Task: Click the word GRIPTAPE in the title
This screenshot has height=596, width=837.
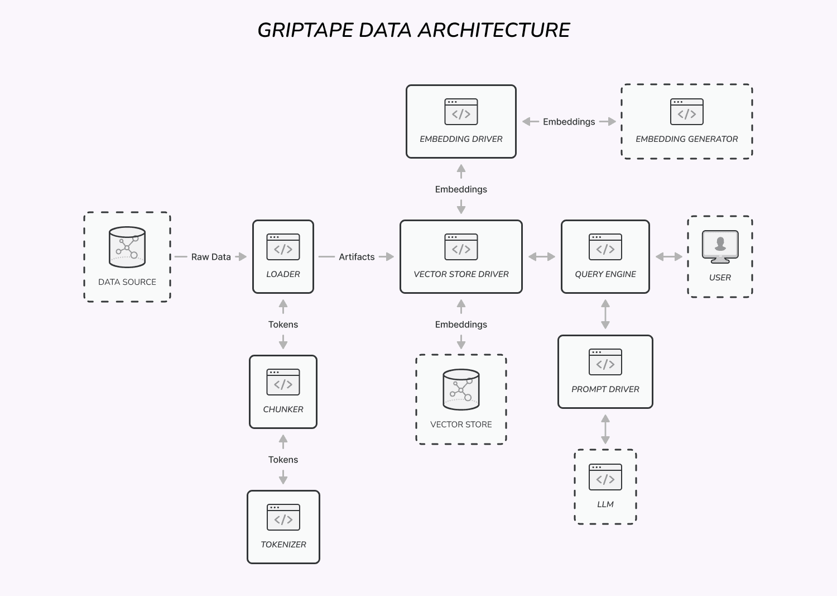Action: (x=305, y=30)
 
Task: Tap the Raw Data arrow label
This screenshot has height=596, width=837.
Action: (x=211, y=256)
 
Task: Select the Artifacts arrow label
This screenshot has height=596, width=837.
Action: (x=357, y=256)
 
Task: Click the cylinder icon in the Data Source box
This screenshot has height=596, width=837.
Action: (x=127, y=247)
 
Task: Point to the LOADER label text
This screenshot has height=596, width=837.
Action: (x=283, y=274)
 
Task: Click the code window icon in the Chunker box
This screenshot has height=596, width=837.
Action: (x=283, y=382)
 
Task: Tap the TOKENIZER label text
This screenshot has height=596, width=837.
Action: (x=283, y=545)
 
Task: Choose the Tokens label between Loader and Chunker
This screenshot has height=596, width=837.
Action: (x=283, y=325)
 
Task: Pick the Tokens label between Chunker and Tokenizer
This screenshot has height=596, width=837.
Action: (x=283, y=460)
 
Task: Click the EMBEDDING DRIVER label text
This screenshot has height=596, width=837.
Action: (x=461, y=139)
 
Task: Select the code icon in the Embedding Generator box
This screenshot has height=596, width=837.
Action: (x=686, y=112)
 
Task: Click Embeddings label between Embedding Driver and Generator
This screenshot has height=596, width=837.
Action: (x=569, y=122)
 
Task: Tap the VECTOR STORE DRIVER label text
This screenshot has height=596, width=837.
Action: (x=461, y=274)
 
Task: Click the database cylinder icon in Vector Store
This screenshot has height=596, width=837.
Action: (x=461, y=389)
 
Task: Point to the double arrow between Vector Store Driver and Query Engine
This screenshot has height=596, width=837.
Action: (x=541, y=256)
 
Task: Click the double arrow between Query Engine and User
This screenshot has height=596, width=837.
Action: (x=669, y=256)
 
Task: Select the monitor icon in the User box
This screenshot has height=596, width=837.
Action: (x=720, y=246)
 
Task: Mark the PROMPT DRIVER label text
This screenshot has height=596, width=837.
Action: (x=605, y=389)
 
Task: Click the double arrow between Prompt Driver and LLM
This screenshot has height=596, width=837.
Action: (x=605, y=429)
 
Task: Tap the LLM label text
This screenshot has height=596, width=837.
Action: (x=605, y=504)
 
